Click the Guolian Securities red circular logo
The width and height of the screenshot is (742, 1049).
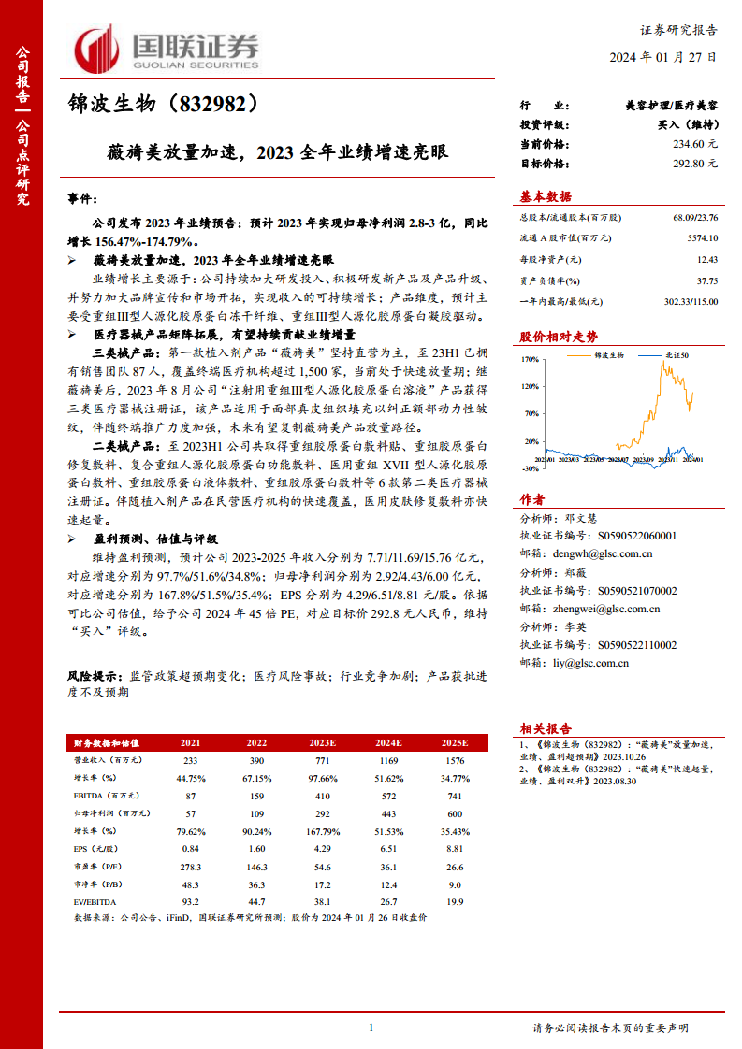[x=97, y=48]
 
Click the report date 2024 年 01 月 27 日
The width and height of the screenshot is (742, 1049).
[x=663, y=57]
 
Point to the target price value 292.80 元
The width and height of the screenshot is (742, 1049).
[x=693, y=163]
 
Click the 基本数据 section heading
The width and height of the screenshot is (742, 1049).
[x=546, y=196]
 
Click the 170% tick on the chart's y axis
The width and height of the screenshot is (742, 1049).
[x=530, y=358]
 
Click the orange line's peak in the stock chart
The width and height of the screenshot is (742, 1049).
[x=662, y=363]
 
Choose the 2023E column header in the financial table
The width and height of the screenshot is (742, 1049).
[x=323, y=742]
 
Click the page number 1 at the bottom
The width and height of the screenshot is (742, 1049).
[x=371, y=1028]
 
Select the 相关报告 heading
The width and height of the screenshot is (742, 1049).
[x=546, y=728]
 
